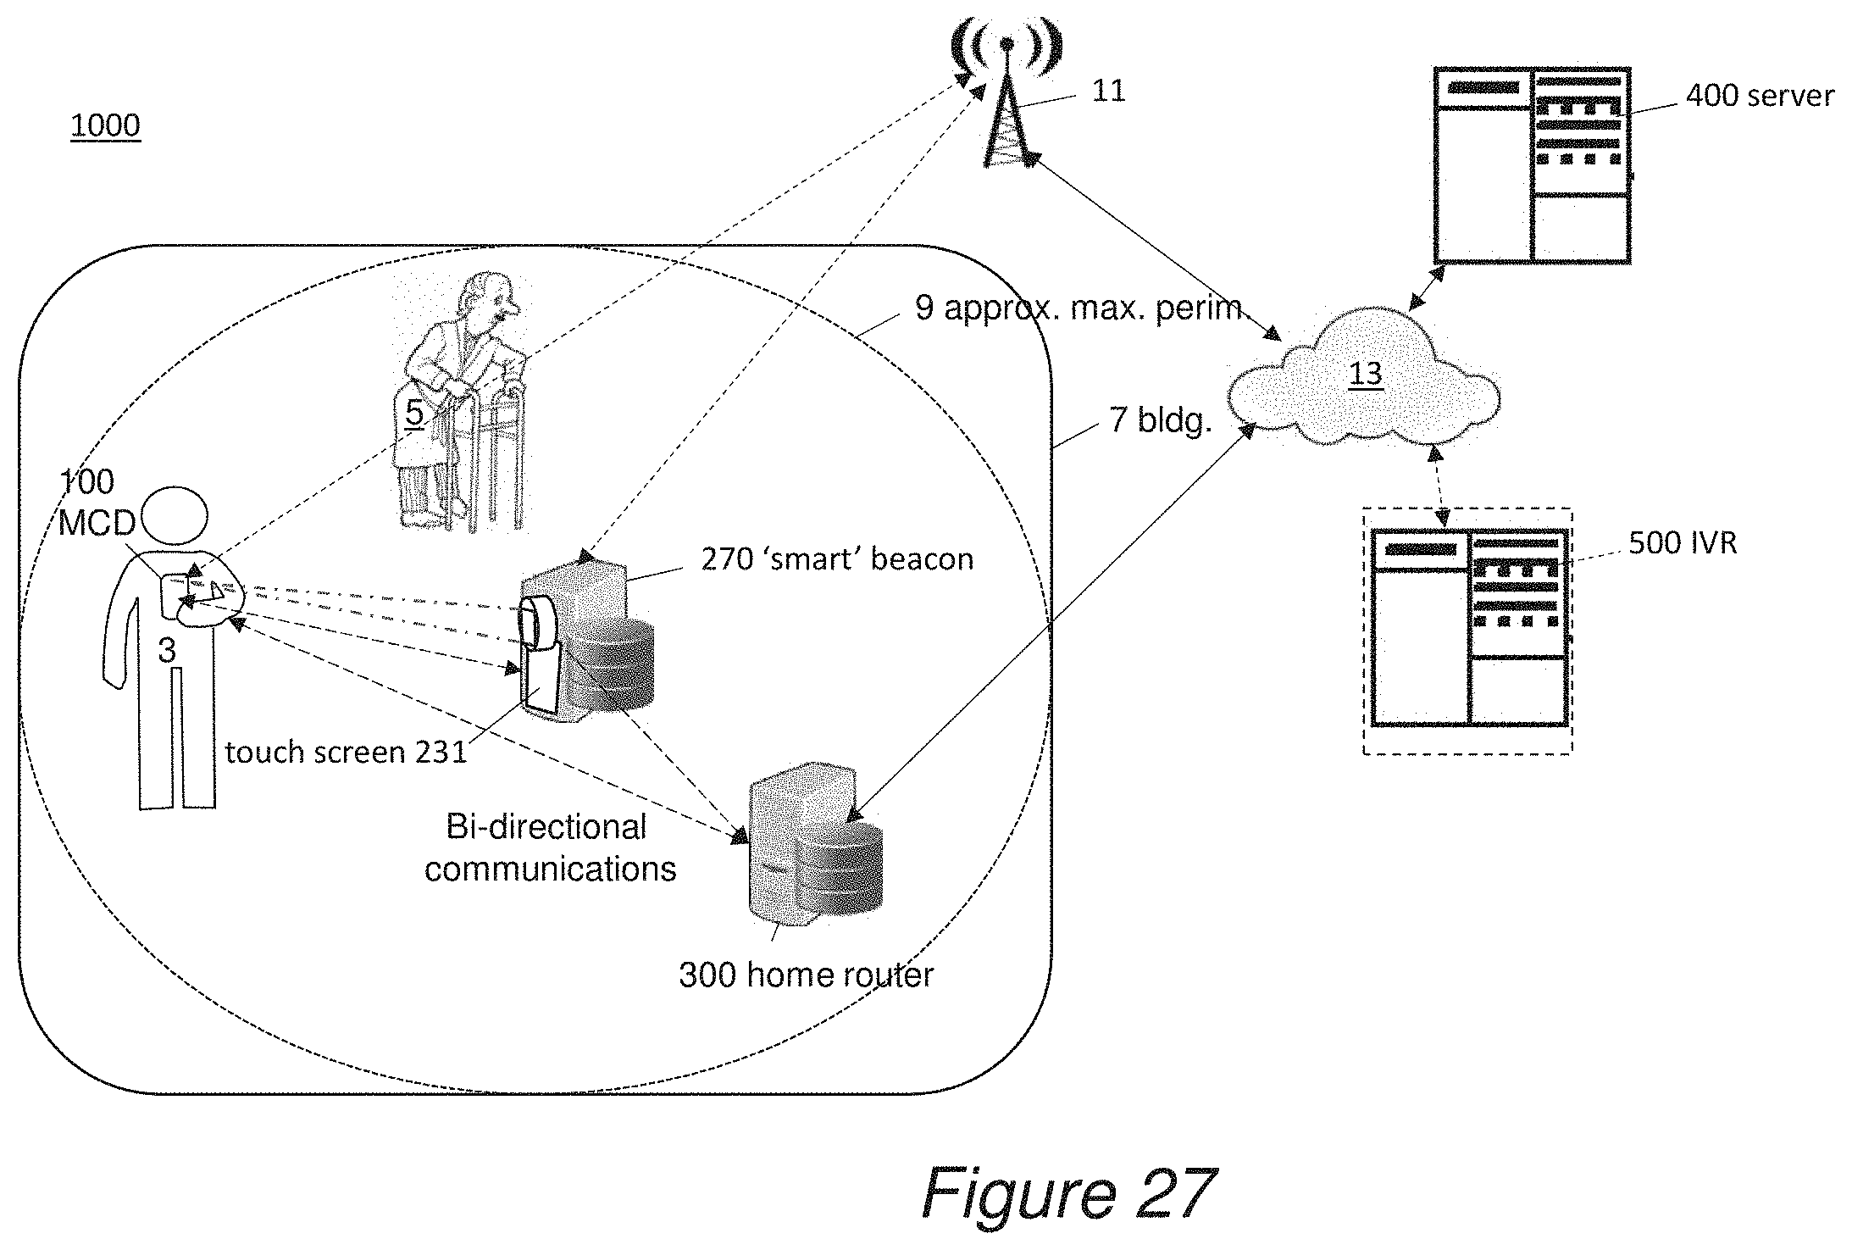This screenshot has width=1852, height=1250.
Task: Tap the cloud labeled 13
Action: point(1364,377)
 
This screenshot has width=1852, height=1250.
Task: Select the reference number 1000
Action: point(105,125)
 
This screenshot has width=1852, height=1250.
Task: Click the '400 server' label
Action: point(1760,95)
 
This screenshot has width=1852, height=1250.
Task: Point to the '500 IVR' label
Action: point(1683,542)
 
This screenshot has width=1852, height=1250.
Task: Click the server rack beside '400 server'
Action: point(1533,165)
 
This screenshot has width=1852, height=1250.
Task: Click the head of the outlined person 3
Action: point(174,514)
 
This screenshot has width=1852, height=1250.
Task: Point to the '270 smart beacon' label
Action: point(837,559)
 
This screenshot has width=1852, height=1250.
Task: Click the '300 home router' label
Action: point(806,975)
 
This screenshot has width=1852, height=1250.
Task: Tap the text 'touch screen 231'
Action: point(346,752)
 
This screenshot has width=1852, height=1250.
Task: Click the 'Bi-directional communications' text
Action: point(550,848)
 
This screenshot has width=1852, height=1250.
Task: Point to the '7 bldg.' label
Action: point(1160,419)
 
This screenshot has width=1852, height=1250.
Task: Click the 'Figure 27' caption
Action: point(1069,1193)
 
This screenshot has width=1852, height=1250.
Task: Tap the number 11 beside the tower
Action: point(1109,91)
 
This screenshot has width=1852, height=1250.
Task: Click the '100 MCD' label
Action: point(97,503)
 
